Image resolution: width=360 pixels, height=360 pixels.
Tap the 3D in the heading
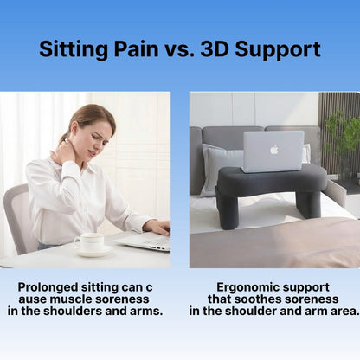click(x=217, y=48)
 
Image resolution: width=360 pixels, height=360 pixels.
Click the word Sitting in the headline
click(x=70, y=48)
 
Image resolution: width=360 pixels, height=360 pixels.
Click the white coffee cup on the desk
click(x=90, y=241)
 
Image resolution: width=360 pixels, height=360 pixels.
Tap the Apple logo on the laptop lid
click(x=273, y=149)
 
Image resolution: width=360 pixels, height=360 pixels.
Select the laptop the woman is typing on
click(x=145, y=241)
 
